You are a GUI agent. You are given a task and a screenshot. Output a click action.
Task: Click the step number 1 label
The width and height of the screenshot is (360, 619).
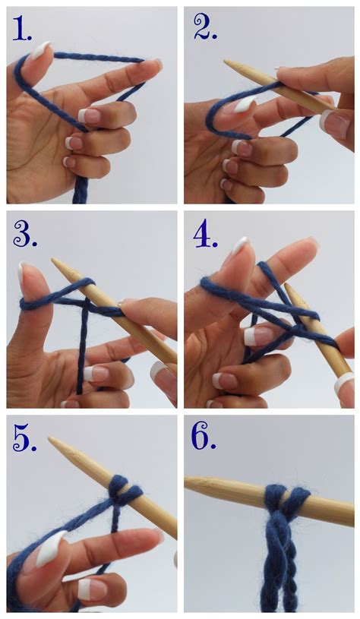(22, 28)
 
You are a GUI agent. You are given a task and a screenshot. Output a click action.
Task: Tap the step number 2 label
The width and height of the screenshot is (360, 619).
(205, 27)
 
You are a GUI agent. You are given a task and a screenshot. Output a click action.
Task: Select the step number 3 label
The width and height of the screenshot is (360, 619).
(25, 234)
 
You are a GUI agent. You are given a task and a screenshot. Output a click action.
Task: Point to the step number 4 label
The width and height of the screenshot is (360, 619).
(205, 235)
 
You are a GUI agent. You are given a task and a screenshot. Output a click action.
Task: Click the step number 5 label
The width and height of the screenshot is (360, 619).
(25, 438)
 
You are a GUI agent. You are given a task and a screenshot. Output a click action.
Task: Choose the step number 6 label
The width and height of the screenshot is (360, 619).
(204, 437)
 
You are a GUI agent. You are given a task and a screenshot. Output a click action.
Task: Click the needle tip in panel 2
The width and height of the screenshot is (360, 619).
(225, 62)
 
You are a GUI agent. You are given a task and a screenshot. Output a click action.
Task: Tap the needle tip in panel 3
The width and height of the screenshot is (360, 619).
(53, 261)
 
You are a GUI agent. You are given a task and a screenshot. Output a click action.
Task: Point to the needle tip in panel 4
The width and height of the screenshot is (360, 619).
(286, 285)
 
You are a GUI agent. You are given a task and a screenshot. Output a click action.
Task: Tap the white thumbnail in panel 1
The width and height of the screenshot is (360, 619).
(40, 49)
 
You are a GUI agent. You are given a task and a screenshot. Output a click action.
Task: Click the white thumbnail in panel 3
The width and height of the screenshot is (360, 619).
(21, 273)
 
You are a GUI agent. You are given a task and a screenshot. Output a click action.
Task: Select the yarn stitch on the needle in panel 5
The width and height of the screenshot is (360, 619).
(125, 491)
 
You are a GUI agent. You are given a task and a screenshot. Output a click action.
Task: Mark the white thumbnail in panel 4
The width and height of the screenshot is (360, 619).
(239, 245)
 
